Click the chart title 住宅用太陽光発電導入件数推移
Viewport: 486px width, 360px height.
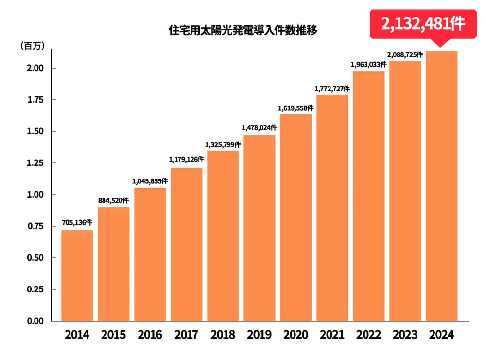pos(243,31)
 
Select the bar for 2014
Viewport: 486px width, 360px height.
pos(77,275)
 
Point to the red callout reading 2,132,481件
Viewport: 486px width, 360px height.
pos(423,24)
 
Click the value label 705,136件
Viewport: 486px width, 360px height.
pos(77,222)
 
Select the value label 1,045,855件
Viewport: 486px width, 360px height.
pos(150,180)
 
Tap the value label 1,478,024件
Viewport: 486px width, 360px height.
pos(259,127)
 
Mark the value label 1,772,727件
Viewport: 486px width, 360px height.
pos(332,88)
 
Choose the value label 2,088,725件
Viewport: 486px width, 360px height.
pos(405,54)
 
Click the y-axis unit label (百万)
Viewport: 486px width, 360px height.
pos(33,46)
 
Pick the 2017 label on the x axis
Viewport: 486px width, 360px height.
pos(186,335)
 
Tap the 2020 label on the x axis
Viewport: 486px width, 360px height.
pos(295,335)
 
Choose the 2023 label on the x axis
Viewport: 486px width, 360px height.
pos(405,335)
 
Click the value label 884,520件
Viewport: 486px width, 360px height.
pos(113,200)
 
